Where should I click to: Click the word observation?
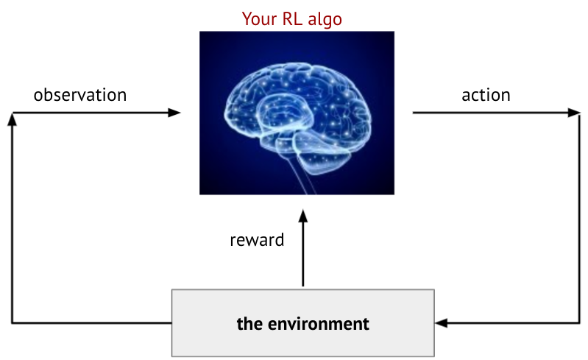pyautogui.click(x=80, y=95)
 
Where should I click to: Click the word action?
pyautogui.click(x=486, y=95)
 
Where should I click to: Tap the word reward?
pyautogui.click(x=257, y=241)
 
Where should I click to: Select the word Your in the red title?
pyautogui.click(x=259, y=18)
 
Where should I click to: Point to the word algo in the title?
pyautogui.click(x=325, y=19)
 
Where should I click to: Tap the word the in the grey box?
pyautogui.click(x=249, y=324)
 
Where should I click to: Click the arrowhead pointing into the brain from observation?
pyautogui.click(x=174, y=113)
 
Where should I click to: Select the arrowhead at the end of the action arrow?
pyautogui.click(x=574, y=113)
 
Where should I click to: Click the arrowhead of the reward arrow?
pyautogui.click(x=303, y=216)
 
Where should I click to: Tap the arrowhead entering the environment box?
pyautogui.click(x=442, y=323)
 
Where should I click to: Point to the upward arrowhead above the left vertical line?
pyautogui.click(x=13, y=119)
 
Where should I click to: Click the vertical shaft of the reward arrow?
pyautogui.click(x=303, y=255)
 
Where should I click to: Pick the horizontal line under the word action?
pyautogui.click(x=490, y=113)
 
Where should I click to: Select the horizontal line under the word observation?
pyautogui.click(x=90, y=113)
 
